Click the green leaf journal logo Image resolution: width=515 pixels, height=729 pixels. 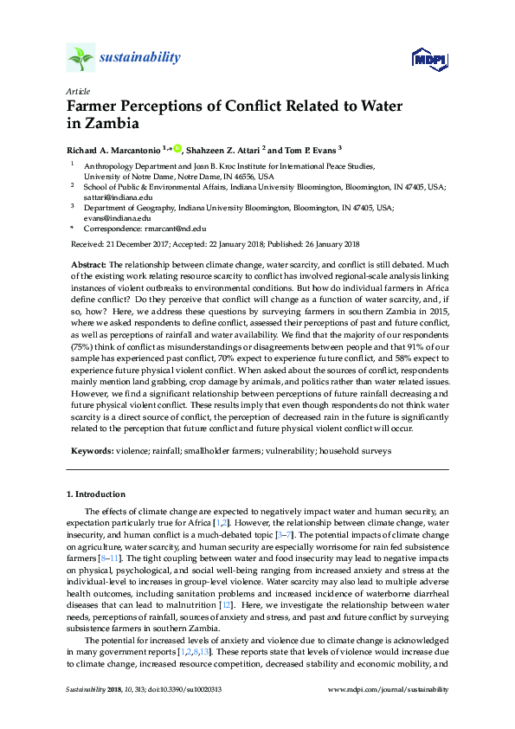click(x=80, y=58)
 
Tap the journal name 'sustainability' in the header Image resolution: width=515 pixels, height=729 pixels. click(x=141, y=58)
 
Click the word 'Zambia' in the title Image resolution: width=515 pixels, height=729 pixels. click(x=100, y=124)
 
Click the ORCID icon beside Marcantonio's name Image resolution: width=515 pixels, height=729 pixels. click(x=177, y=147)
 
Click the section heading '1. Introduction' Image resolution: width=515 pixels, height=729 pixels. click(x=96, y=494)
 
